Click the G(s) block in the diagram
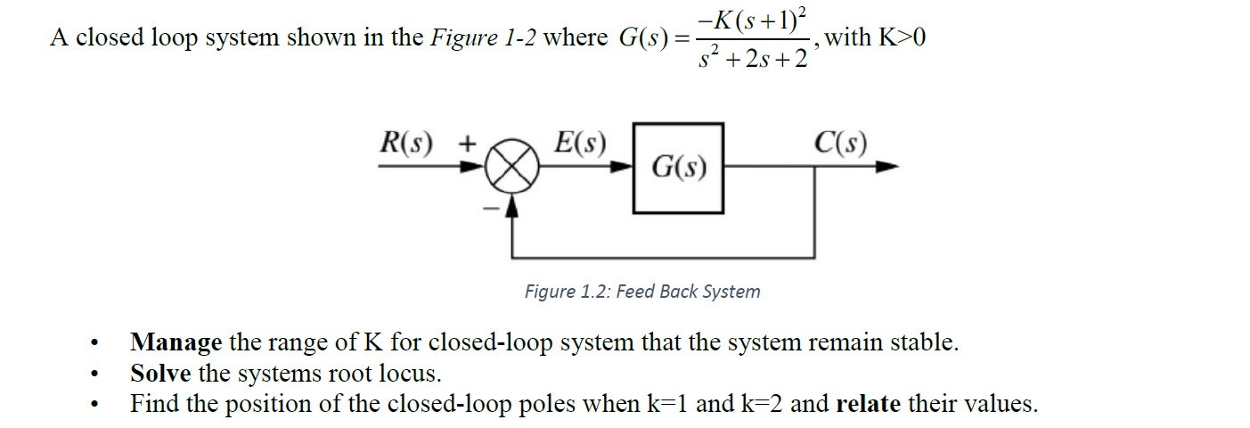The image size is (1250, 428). pos(678,168)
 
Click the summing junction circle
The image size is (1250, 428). pos(512,168)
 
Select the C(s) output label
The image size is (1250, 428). pos(840,143)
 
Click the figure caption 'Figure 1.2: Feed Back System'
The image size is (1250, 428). pos(641,292)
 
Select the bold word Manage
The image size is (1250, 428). pos(176,342)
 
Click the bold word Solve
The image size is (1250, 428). pos(160,373)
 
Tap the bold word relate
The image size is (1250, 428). pos(869,404)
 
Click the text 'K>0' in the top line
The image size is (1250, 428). pos(900,37)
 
